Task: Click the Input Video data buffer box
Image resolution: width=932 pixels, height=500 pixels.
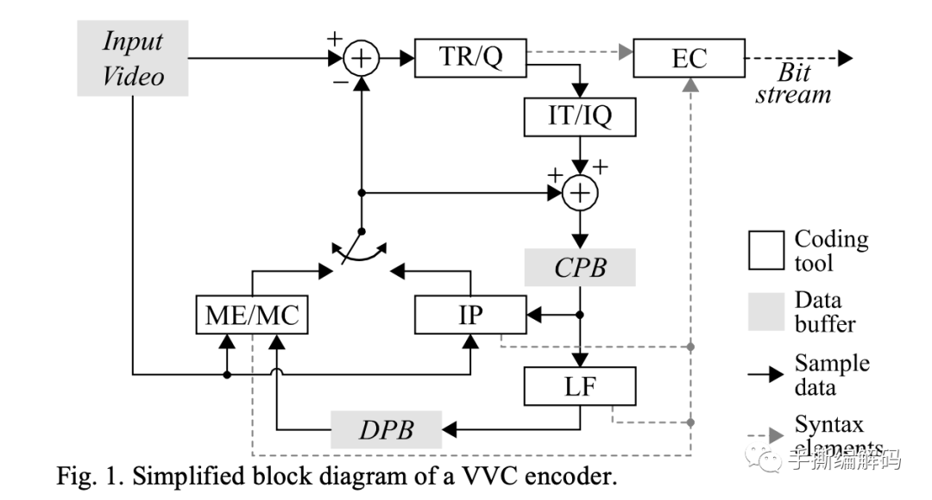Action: (x=134, y=59)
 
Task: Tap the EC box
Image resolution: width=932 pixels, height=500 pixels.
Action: (x=689, y=59)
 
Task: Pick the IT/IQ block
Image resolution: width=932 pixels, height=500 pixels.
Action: (x=581, y=116)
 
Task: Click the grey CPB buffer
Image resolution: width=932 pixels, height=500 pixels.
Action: (x=581, y=266)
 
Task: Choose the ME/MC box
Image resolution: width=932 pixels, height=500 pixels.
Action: (x=251, y=315)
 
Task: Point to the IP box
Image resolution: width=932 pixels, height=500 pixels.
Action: (x=470, y=315)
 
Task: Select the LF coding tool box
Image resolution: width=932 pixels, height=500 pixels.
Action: (x=581, y=385)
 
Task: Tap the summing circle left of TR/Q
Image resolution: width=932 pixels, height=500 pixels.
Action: (x=362, y=59)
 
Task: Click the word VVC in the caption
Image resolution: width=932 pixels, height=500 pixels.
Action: (x=478, y=477)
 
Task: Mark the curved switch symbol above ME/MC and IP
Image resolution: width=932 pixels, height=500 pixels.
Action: (x=361, y=253)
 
